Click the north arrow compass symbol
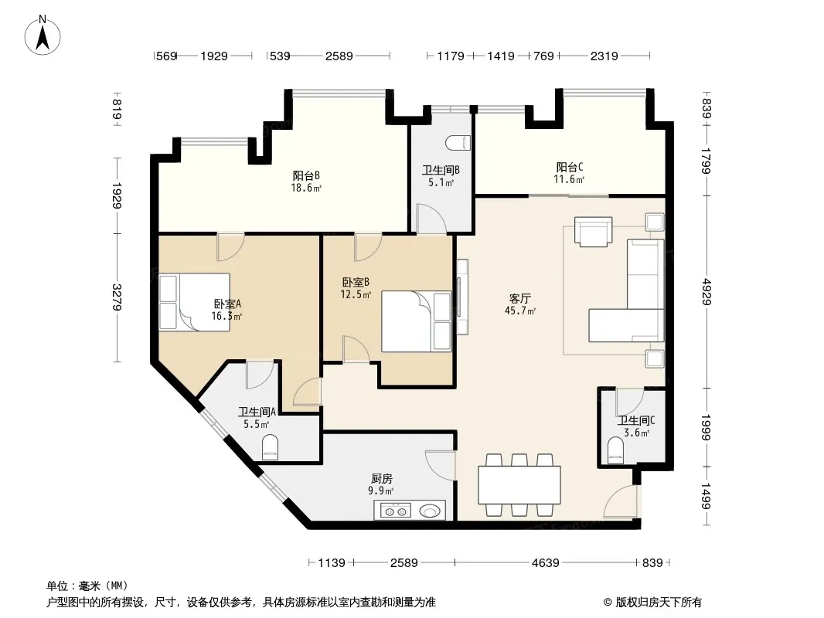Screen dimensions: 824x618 [43, 36]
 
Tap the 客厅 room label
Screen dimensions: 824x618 [519, 299]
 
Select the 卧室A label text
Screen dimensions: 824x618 [227, 304]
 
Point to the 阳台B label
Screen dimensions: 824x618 [306, 175]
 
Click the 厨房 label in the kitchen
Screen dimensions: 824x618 [382, 479]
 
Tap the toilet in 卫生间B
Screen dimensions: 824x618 [457, 142]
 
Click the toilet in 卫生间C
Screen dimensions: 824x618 [615, 450]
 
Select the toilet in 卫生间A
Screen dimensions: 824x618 [270, 447]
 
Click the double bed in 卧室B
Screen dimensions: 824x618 [416, 321]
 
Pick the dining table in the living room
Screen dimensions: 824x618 [519, 484]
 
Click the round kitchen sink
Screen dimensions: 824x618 [431, 511]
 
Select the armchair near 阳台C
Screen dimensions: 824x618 [594, 232]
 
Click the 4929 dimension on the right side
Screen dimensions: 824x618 [707, 291]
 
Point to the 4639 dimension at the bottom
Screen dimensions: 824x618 [546, 563]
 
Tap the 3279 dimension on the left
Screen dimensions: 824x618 [117, 297]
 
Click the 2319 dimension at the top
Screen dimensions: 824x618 [604, 56]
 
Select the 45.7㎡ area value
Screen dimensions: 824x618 [519, 311]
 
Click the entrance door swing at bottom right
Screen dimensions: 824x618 [621, 502]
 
